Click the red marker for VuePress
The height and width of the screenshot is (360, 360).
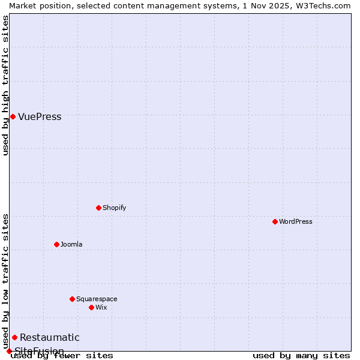click(x=13, y=116)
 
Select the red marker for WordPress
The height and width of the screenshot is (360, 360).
click(x=275, y=221)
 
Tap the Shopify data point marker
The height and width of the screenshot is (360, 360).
click(x=98, y=208)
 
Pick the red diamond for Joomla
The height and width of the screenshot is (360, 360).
click(x=56, y=244)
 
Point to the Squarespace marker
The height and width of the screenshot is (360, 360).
click(x=72, y=299)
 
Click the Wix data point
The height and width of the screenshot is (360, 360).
click(x=91, y=307)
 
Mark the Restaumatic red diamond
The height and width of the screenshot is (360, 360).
click(x=14, y=337)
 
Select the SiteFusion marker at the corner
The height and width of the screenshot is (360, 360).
click(x=9, y=351)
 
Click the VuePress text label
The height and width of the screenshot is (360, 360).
click(x=40, y=117)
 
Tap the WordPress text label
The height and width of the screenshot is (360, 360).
click(x=296, y=222)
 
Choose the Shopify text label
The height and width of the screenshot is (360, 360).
click(x=115, y=208)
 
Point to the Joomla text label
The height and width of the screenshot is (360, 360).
click(x=71, y=245)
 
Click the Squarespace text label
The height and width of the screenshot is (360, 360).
click(x=97, y=299)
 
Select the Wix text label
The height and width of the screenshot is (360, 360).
click(x=101, y=308)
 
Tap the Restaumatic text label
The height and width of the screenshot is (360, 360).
click(x=50, y=338)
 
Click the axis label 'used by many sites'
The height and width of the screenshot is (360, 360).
click(x=301, y=356)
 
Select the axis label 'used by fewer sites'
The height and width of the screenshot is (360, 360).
click(x=62, y=356)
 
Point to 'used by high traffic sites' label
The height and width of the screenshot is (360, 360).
click(x=6, y=85)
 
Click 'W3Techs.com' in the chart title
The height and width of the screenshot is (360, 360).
click(x=325, y=5)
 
